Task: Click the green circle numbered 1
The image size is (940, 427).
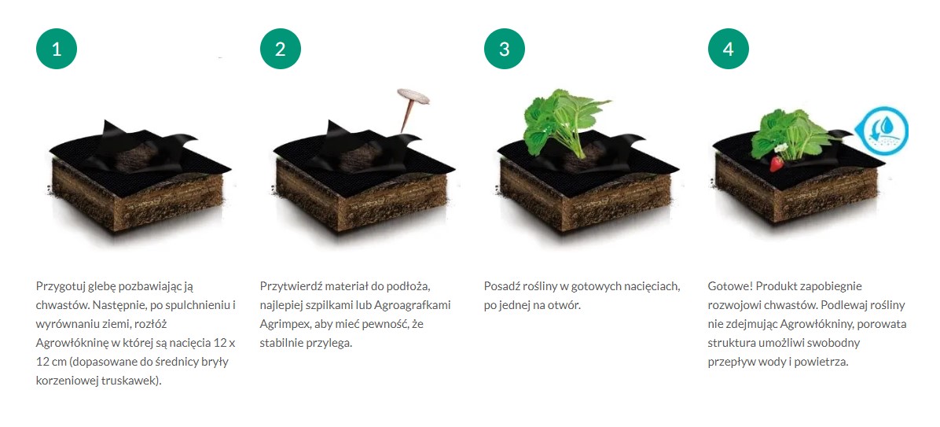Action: [x=57, y=49]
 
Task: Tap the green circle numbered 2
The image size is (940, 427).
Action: [x=280, y=49]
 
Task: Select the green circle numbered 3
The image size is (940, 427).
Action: [x=504, y=49]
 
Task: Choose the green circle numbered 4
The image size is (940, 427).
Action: [x=728, y=49]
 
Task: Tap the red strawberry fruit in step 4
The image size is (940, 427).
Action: [x=777, y=163]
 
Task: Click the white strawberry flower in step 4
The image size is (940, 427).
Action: [x=780, y=148]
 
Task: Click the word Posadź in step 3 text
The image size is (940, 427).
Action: [x=501, y=287]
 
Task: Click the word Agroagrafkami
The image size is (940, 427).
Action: [x=413, y=305]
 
